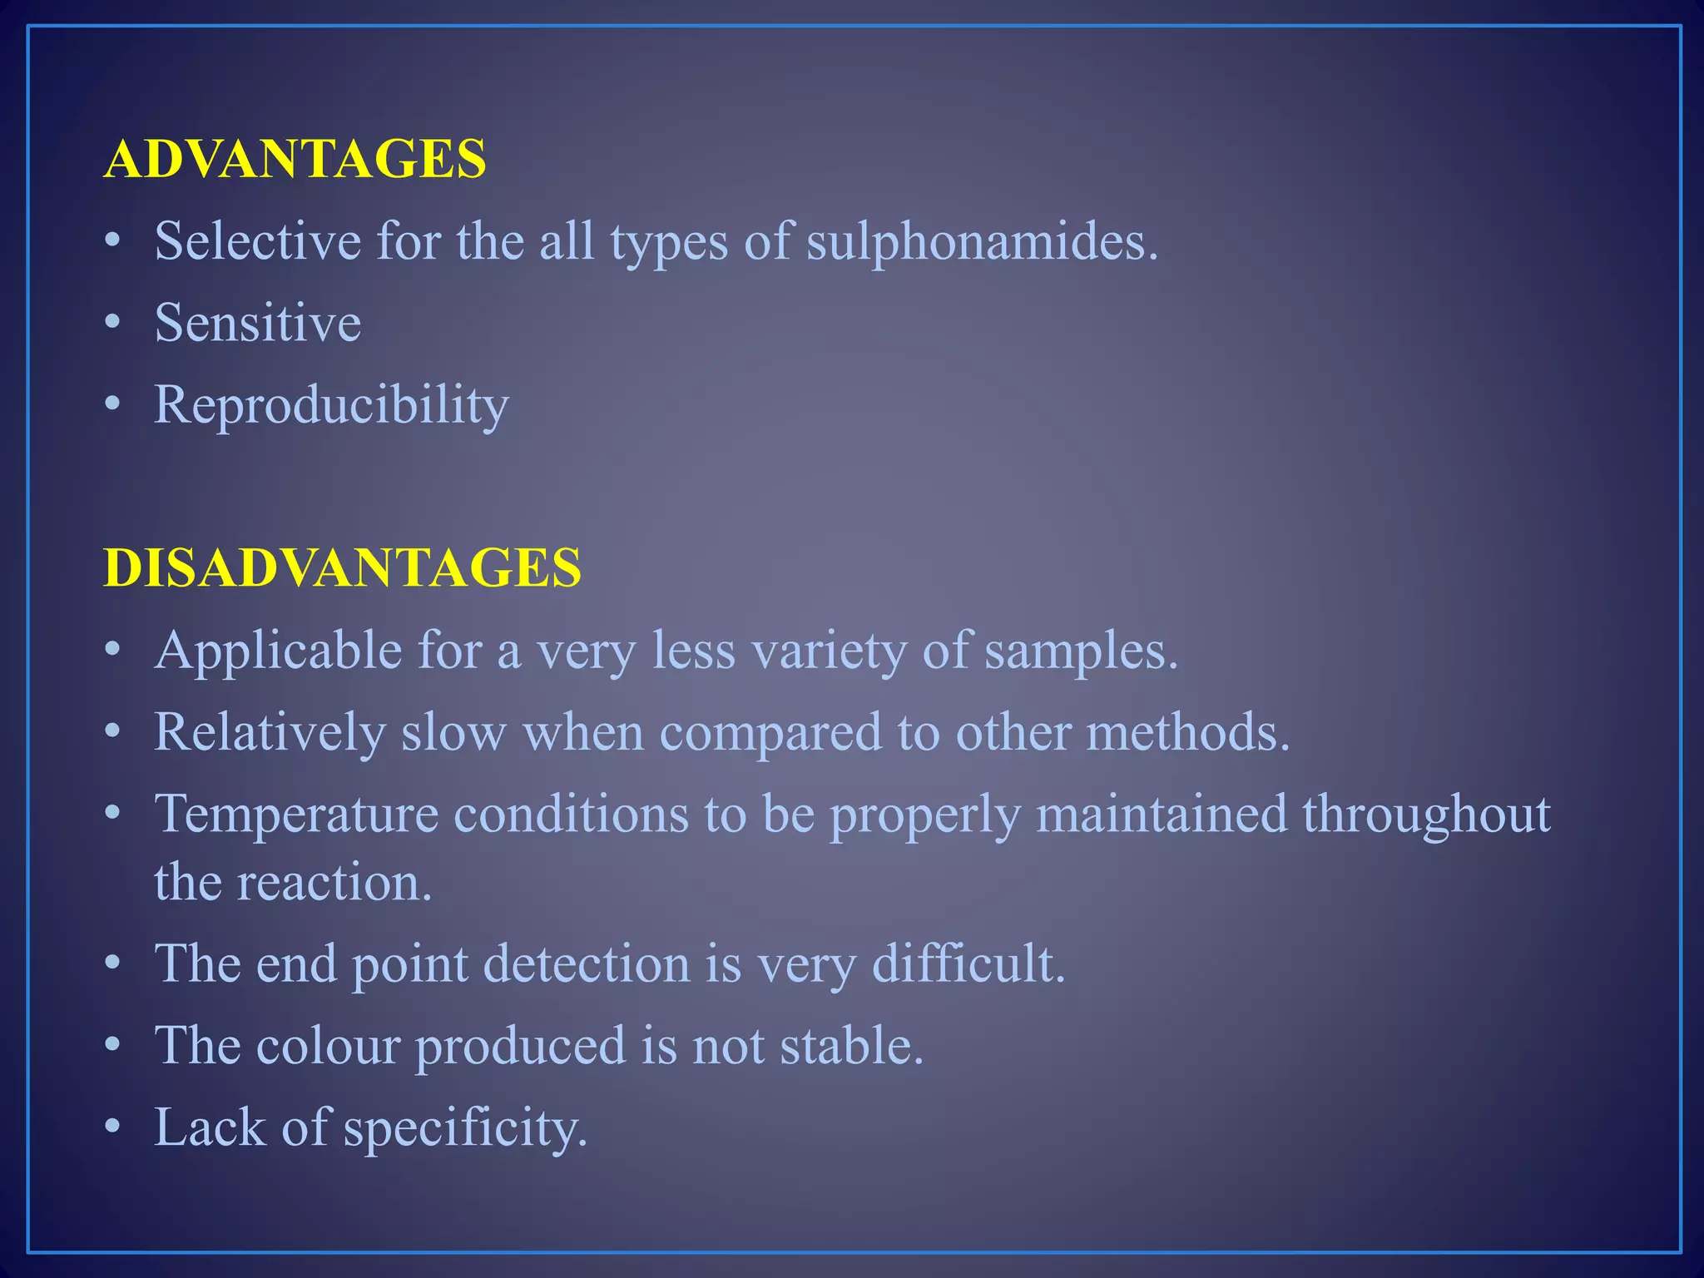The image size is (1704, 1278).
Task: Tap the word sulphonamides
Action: point(982,241)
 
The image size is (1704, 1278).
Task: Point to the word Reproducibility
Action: point(331,405)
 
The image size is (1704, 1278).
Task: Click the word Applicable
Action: point(278,650)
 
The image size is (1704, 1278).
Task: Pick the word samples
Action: point(1081,650)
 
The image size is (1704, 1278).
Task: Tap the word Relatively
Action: point(270,732)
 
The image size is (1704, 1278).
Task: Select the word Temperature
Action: point(296,813)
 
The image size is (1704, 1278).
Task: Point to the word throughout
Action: point(1426,813)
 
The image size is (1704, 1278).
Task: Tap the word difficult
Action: point(968,963)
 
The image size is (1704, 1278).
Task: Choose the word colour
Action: point(329,1045)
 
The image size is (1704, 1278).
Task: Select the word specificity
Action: point(465,1128)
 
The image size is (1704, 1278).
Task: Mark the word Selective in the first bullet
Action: point(258,241)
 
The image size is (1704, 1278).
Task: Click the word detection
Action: point(587,963)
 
